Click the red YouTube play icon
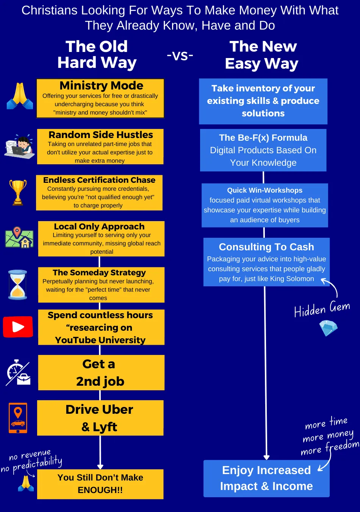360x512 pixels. pos(18,327)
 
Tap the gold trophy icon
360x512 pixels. pos(18,192)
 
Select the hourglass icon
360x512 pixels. pos(17,284)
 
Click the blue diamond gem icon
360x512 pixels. pos(328,328)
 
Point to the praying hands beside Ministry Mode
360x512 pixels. pos(20,96)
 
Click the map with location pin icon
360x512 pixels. pos(19,237)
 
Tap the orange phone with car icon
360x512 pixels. pos(18,418)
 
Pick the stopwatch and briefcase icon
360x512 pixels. pos(18,372)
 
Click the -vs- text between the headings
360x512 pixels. pos(180,55)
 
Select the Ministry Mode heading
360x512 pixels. pos(101,85)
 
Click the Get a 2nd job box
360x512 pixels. pos(101,372)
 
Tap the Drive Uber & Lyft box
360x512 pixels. pos(100,418)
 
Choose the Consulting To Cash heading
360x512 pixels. pos(266,247)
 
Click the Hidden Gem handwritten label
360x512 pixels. pos(322,309)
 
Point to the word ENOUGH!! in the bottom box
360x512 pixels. pos(100,490)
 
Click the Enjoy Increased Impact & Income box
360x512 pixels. pos(266,478)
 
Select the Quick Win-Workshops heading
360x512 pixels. pos(265,190)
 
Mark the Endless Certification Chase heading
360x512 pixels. pos(99,180)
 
